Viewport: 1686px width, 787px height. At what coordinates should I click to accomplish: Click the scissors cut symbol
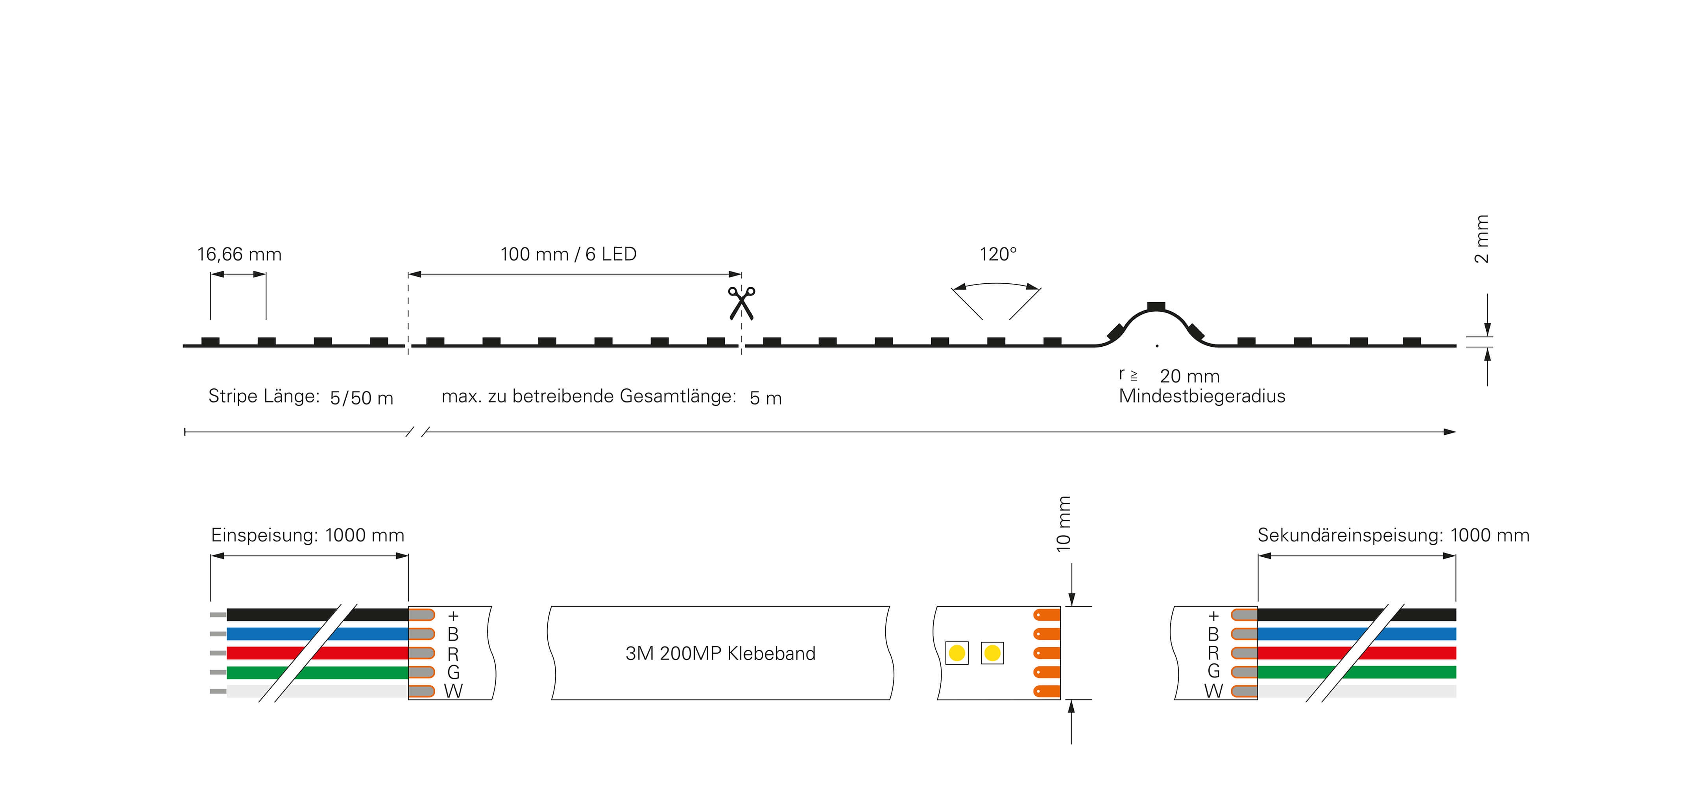click(742, 303)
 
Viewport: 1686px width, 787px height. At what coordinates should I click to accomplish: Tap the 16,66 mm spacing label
click(240, 254)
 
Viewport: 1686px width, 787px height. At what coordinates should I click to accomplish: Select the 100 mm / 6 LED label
click(568, 254)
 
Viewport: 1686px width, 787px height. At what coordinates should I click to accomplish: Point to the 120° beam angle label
click(998, 254)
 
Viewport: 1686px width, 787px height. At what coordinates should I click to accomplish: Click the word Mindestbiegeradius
click(1202, 396)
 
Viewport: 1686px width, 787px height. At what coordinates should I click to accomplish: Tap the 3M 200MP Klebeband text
click(720, 654)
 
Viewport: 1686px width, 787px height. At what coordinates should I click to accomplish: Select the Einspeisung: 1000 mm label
click(308, 536)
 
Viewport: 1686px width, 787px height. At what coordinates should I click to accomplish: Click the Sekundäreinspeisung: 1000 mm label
click(1393, 536)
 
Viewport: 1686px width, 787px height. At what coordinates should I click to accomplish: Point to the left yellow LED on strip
click(957, 653)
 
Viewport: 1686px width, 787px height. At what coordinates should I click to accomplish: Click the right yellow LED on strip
click(992, 653)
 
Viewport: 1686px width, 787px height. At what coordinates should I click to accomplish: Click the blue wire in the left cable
click(318, 634)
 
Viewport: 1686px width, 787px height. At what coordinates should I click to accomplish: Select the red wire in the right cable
click(1357, 653)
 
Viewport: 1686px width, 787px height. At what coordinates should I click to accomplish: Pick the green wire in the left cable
click(318, 672)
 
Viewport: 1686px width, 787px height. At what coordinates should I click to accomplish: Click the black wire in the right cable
click(1357, 615)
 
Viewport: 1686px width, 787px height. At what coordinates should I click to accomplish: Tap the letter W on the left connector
click(453, 691)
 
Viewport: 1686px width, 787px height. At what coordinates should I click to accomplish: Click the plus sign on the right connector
click(1213, 615)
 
